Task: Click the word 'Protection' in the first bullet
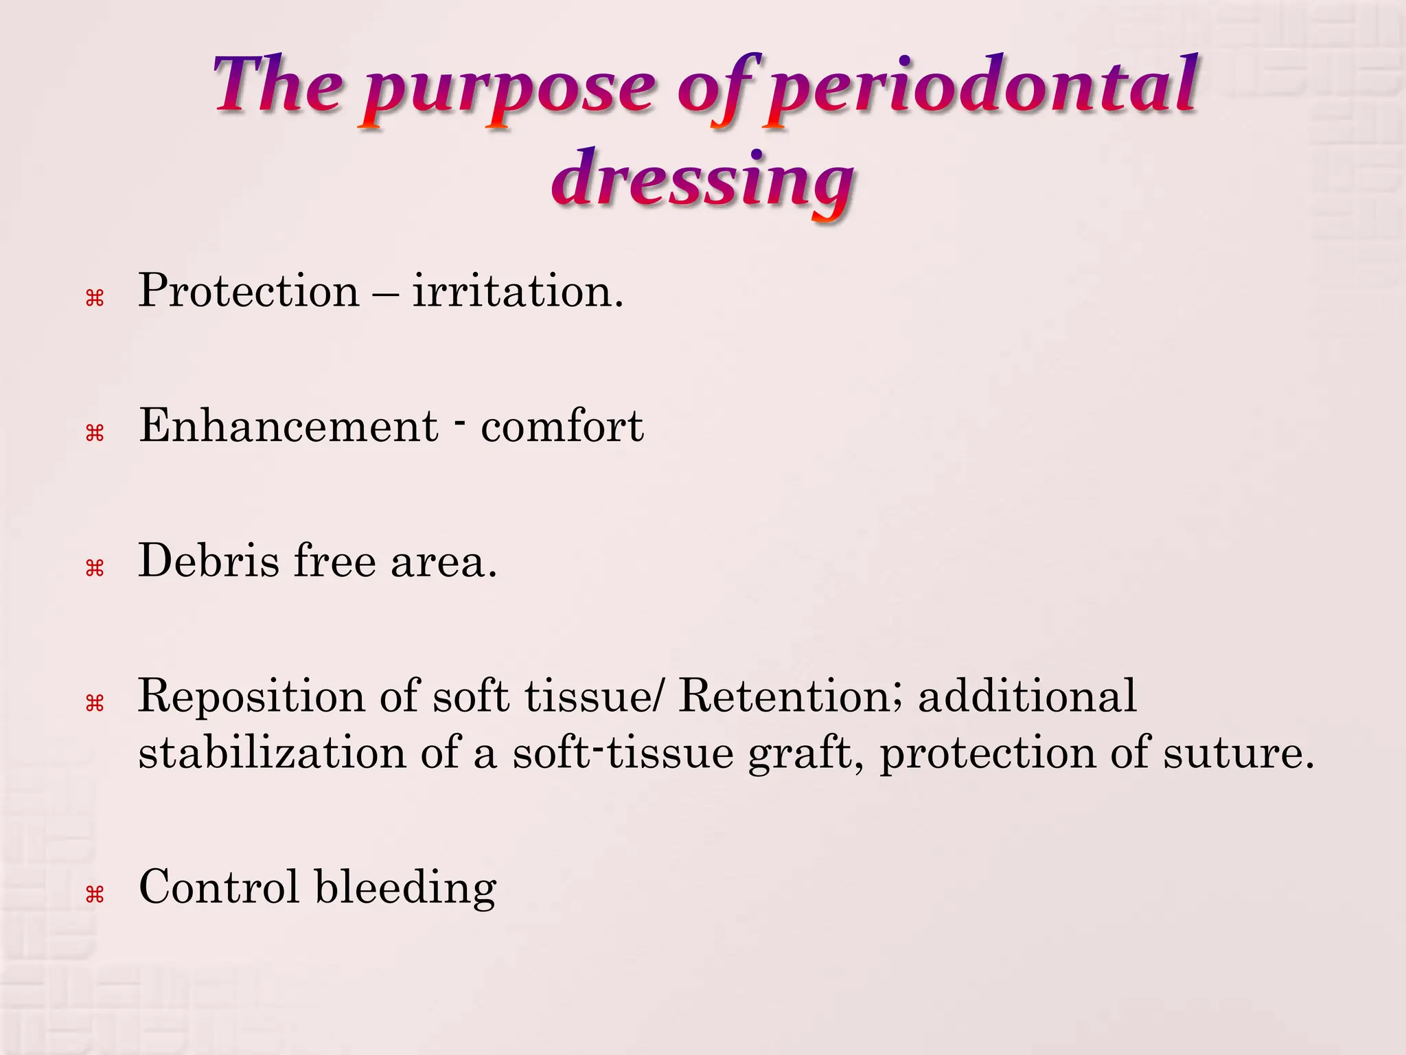click(249, 291)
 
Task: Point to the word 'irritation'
click(518, 291)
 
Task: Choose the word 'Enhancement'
click(288, 425)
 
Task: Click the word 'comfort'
click(562, 426)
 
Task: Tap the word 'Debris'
click(209, 560)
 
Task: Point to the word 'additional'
click(1027, 696)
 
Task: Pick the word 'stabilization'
click(273, 753)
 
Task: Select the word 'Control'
click(219, 887)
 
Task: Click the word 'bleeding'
click(405, 887)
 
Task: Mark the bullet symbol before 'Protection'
click(94, 298)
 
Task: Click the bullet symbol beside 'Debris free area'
click(94, 568)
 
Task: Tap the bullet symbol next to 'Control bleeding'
click(94, 894)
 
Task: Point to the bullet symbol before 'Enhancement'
click(94, 433)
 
